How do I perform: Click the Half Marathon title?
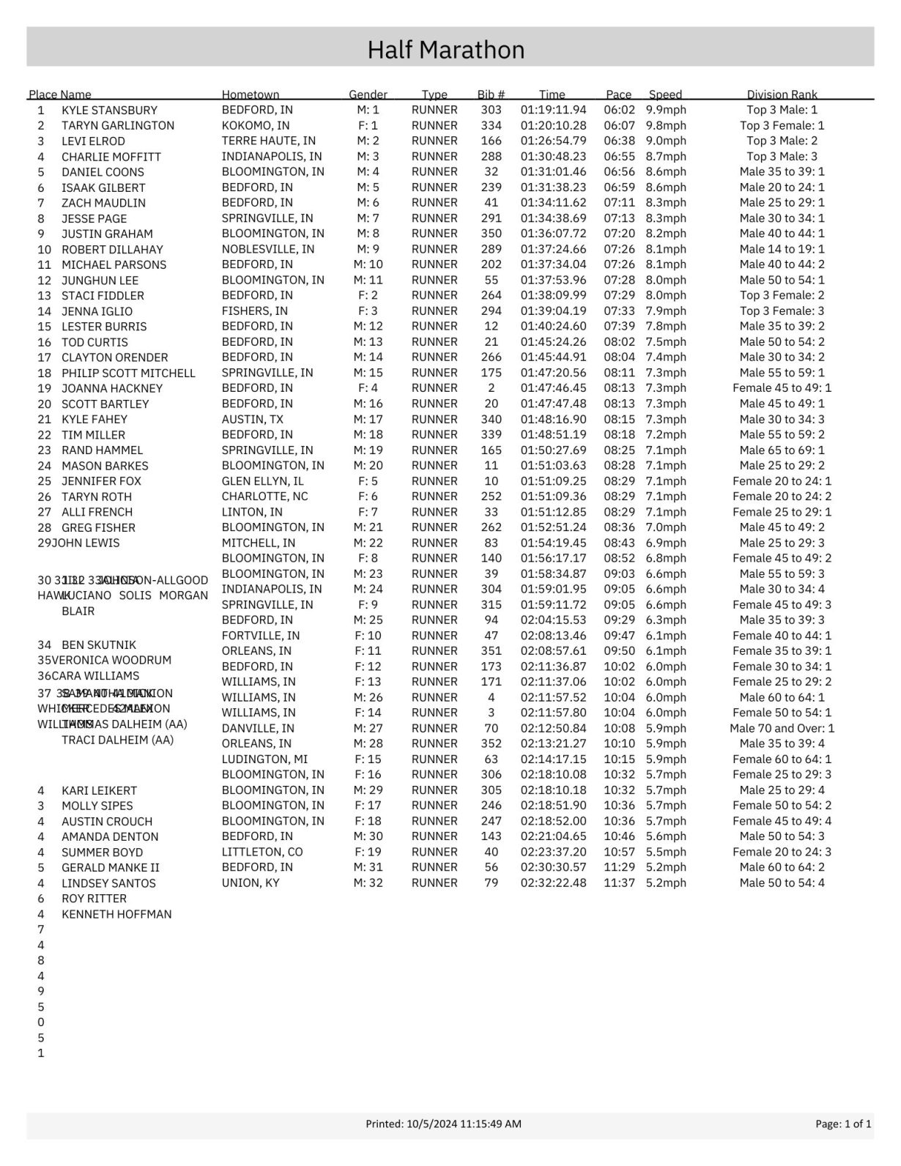(445, 50)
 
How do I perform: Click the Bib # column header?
(491, 94)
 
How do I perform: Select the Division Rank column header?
(782, 94)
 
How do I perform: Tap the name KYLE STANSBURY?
(109, 111)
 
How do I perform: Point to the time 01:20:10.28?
(553, 125)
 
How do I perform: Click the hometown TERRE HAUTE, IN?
(268, 141)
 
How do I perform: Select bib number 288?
(491, 156)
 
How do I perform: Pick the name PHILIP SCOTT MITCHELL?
(128, 373)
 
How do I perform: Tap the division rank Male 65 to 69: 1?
(782, 450)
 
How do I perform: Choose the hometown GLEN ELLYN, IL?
(262, 480)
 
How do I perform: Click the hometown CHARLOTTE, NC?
(264, 496)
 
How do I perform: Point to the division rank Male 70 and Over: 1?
(782, 728)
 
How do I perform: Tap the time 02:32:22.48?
(553, 883)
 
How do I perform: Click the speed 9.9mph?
(666, 110)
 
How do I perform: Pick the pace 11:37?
(619, 883)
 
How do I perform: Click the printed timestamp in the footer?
(443, 1124)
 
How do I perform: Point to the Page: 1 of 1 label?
(843, 1124)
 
